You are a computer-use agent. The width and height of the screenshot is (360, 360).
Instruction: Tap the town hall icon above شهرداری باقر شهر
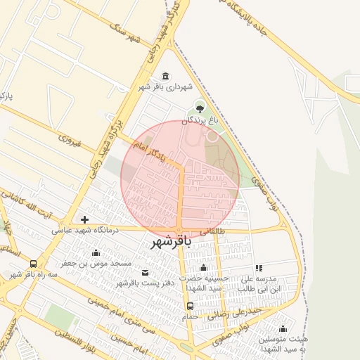pos(165,76)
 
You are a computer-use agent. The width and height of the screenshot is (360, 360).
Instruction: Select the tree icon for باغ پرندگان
pos(200,108)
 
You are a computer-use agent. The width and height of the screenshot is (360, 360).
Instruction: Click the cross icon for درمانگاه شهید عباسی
pos(85,220)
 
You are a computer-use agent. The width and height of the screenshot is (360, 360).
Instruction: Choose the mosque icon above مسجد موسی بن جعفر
pos(96,252)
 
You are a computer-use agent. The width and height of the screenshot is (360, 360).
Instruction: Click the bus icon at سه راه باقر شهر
pos(33,264)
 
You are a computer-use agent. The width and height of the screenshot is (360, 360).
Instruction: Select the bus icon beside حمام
pos(190,306)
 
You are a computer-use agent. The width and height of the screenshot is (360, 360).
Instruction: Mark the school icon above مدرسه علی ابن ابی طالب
pos(259,268)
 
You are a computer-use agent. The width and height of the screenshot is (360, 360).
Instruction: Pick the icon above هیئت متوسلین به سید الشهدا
pos(283,328)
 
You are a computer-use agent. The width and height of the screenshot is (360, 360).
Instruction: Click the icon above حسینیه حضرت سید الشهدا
pos(203,268)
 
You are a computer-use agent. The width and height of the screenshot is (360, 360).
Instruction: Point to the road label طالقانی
pos(213,230)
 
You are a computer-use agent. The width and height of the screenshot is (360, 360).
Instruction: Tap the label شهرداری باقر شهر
pos(165,86)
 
